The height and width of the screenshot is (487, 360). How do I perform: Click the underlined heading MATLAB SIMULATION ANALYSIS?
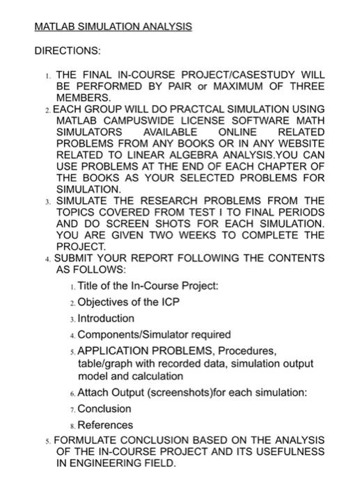coord(112,27)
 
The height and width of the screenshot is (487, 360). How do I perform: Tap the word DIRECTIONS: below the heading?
coord(66,51)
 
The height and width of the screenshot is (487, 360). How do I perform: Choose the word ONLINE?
coord(238,132)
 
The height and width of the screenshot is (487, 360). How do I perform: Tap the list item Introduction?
coord(106,318)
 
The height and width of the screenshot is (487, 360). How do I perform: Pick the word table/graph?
coord(106,364)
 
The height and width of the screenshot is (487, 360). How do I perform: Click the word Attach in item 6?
coord(93,393)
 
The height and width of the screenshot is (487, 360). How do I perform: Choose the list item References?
coord(105,424)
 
